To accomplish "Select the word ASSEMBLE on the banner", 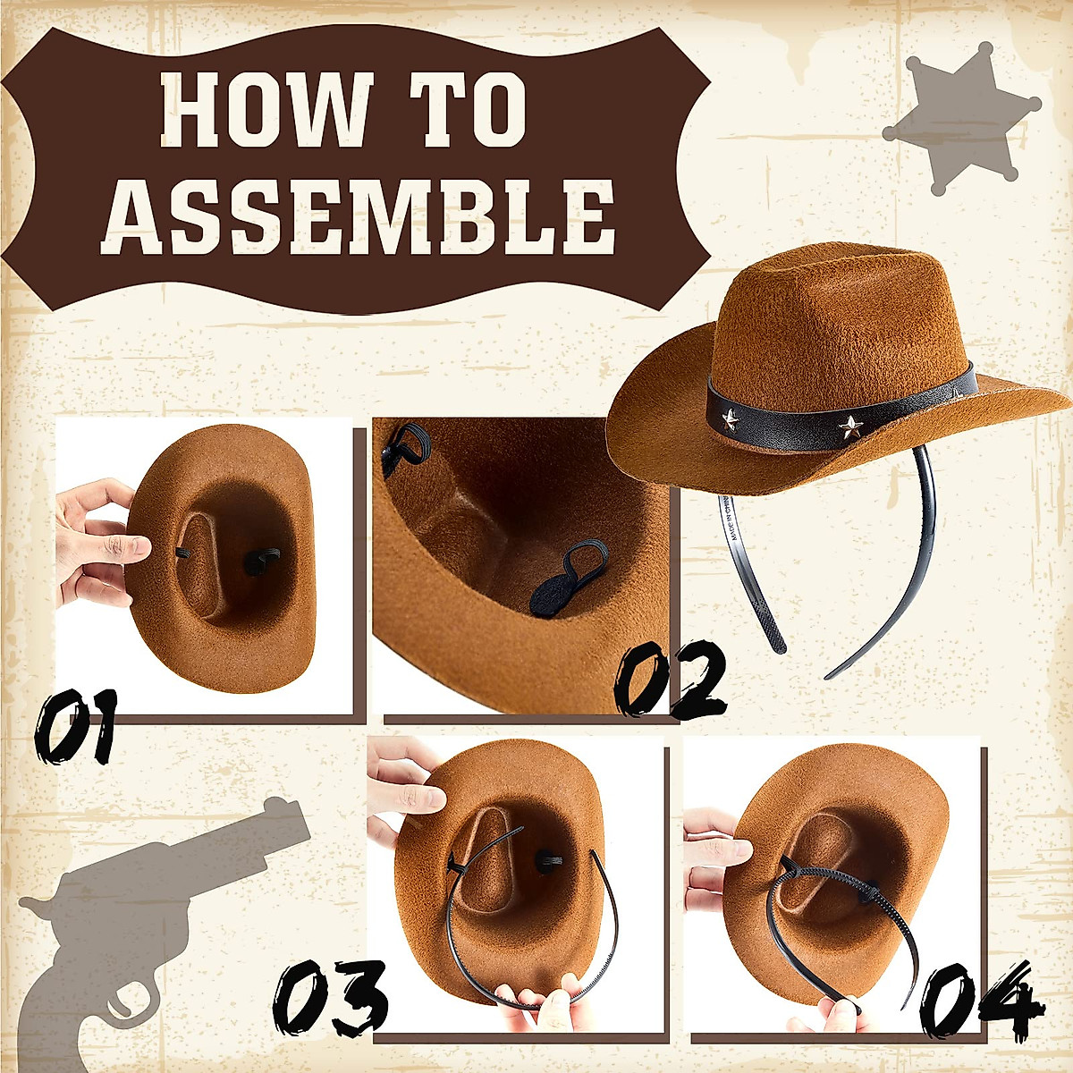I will pyautogui.click(x=358, y=216).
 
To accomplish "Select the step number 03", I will pyautogui.click(x=331, y=998).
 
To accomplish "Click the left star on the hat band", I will pyautogui.click(x=731, y=418).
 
